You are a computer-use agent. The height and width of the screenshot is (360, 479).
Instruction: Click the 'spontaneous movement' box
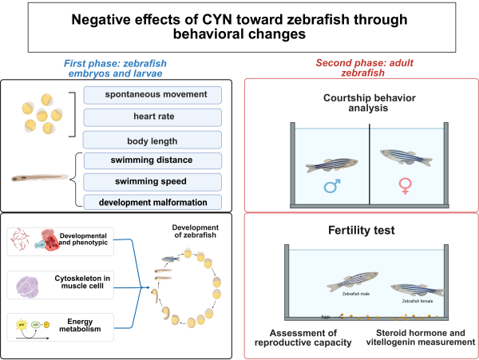[x=152, y=96]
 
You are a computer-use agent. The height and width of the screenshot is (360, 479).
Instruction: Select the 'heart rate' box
[x=152, y=117]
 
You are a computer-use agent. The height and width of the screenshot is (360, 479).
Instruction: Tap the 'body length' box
[x=152, y=139]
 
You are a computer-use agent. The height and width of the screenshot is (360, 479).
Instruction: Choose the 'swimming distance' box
[x=152, y=160]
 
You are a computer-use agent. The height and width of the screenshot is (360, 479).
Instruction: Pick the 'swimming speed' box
[x=152, y=180]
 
